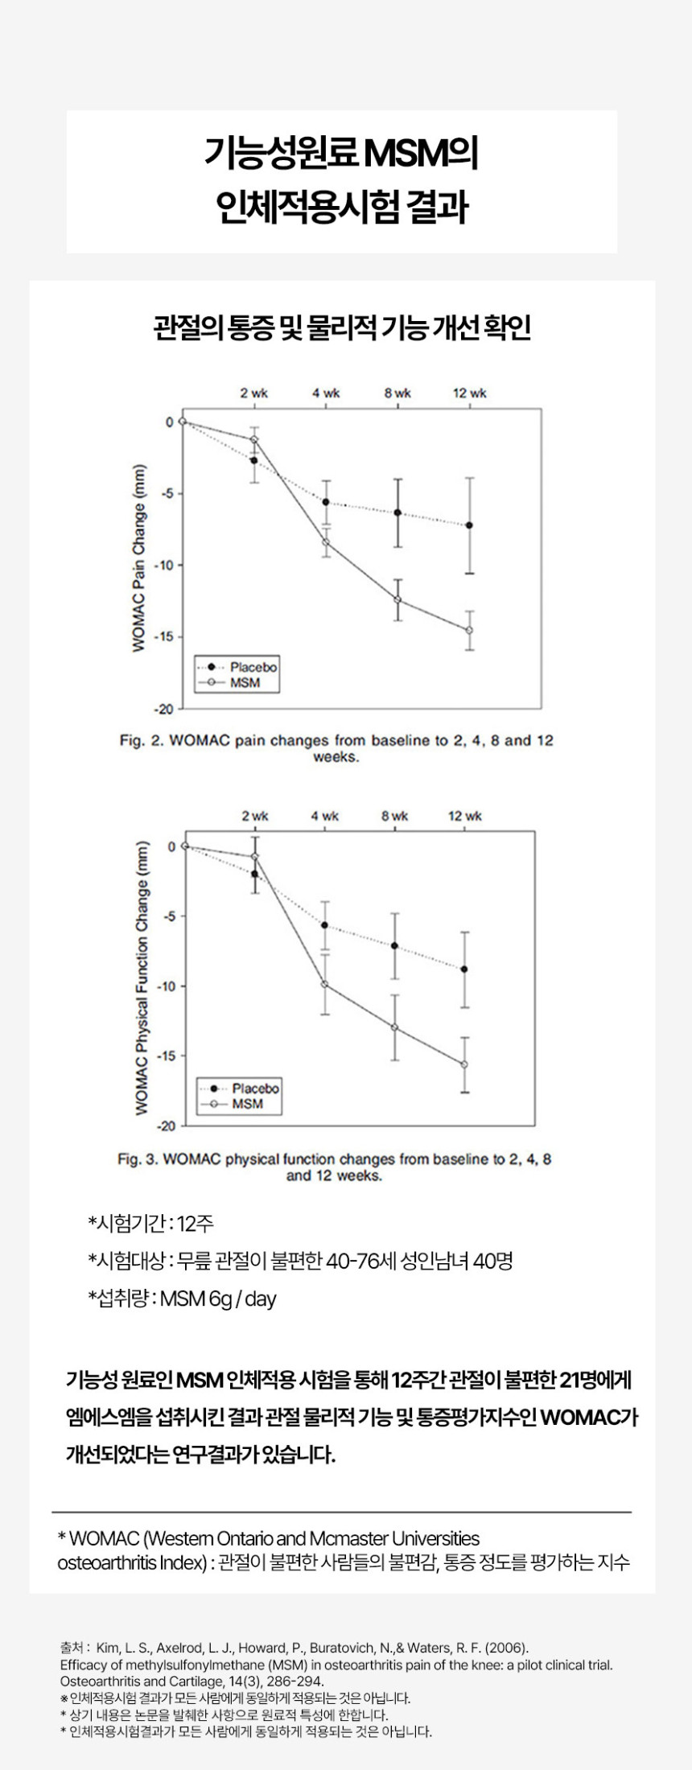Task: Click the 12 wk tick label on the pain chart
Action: pos(469,393)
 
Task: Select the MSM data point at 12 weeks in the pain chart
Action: pos(469,630)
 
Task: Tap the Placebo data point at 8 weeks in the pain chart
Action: pos(397,512)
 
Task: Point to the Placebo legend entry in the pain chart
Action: pos(253,667)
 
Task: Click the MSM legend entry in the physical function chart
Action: pos(247,1104)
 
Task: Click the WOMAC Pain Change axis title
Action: pos(140,558)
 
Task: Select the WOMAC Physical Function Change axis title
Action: pos(142,978)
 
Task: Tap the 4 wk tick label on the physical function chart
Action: pos(325,816)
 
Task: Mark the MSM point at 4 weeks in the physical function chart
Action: pos(325,984)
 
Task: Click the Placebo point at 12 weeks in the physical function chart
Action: pos(464,969)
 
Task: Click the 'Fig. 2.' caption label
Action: pos(142,740)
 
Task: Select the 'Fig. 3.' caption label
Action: pos(138,1159)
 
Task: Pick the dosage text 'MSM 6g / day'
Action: pos(218,1299)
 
